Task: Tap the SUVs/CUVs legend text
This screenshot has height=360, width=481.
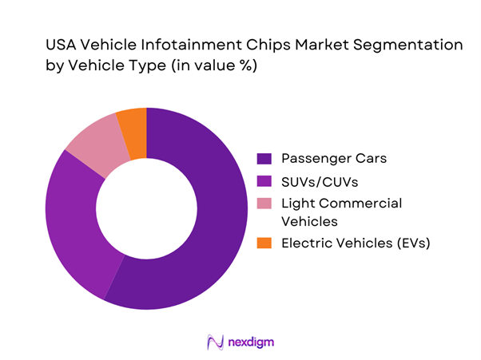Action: [x=318, y=180]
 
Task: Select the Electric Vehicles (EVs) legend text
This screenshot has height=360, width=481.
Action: [x=356, y=243]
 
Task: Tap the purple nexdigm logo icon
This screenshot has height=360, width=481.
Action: [x=215, y=341]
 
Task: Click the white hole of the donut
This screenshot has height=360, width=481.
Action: [x=147, y=208]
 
